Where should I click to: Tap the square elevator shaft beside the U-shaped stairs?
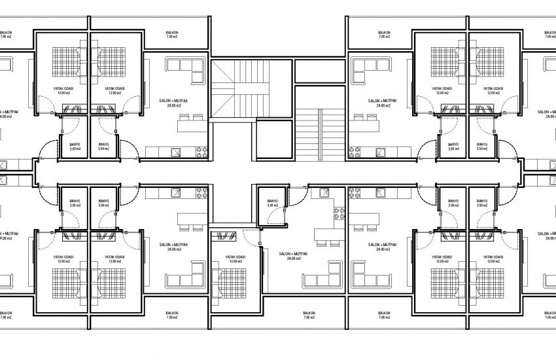coord(269,141)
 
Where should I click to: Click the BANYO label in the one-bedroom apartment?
coord(273,201)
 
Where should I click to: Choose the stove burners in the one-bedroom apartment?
coord(339,214)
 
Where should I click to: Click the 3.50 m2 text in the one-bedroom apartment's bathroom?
coord(273,206)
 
